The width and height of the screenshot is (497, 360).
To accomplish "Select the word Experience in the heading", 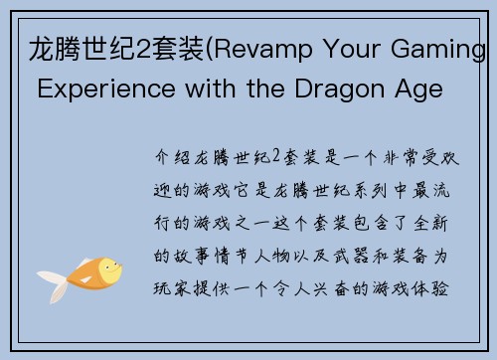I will (83, 86).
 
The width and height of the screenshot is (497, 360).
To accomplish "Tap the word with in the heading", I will (181, 86).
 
